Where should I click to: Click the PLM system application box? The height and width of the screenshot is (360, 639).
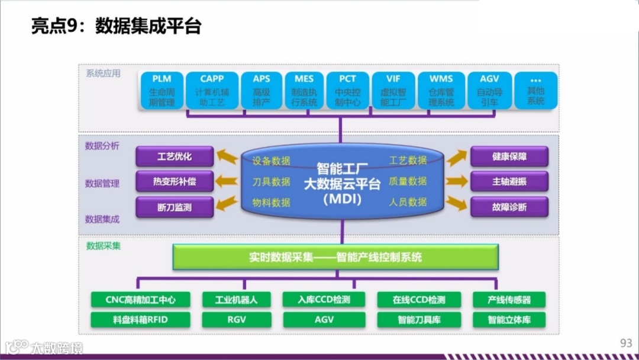click(162, 91)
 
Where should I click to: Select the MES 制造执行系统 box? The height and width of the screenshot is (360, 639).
click(304, 91)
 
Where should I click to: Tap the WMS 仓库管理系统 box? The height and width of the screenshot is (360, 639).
click(441, 91)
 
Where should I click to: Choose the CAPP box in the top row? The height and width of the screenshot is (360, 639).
click(212, 91)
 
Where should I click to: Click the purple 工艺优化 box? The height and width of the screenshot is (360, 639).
click(174, 157)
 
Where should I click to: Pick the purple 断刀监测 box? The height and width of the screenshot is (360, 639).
click(174, 207)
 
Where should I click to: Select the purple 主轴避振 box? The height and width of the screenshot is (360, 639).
click(509, 182)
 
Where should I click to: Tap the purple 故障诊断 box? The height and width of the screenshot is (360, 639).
click(509, 207)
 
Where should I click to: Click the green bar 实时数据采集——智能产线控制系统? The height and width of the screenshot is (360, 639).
click(335, 258)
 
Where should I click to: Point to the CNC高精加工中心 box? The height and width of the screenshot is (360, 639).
click(140, 300)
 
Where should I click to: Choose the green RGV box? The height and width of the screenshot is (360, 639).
click(236, 320)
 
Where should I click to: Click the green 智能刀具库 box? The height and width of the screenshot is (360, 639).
click(419, 320)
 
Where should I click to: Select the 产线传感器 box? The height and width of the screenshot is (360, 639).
click(509, 300)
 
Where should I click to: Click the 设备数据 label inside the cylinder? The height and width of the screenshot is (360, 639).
click(271, 160)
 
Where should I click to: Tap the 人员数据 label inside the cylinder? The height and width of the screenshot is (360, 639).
click(408, 202)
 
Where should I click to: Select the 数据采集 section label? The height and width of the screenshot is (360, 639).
click(103, 245)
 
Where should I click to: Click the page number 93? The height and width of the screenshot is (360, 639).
click(626, 343)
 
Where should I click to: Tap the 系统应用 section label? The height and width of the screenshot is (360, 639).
click(103, 73)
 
